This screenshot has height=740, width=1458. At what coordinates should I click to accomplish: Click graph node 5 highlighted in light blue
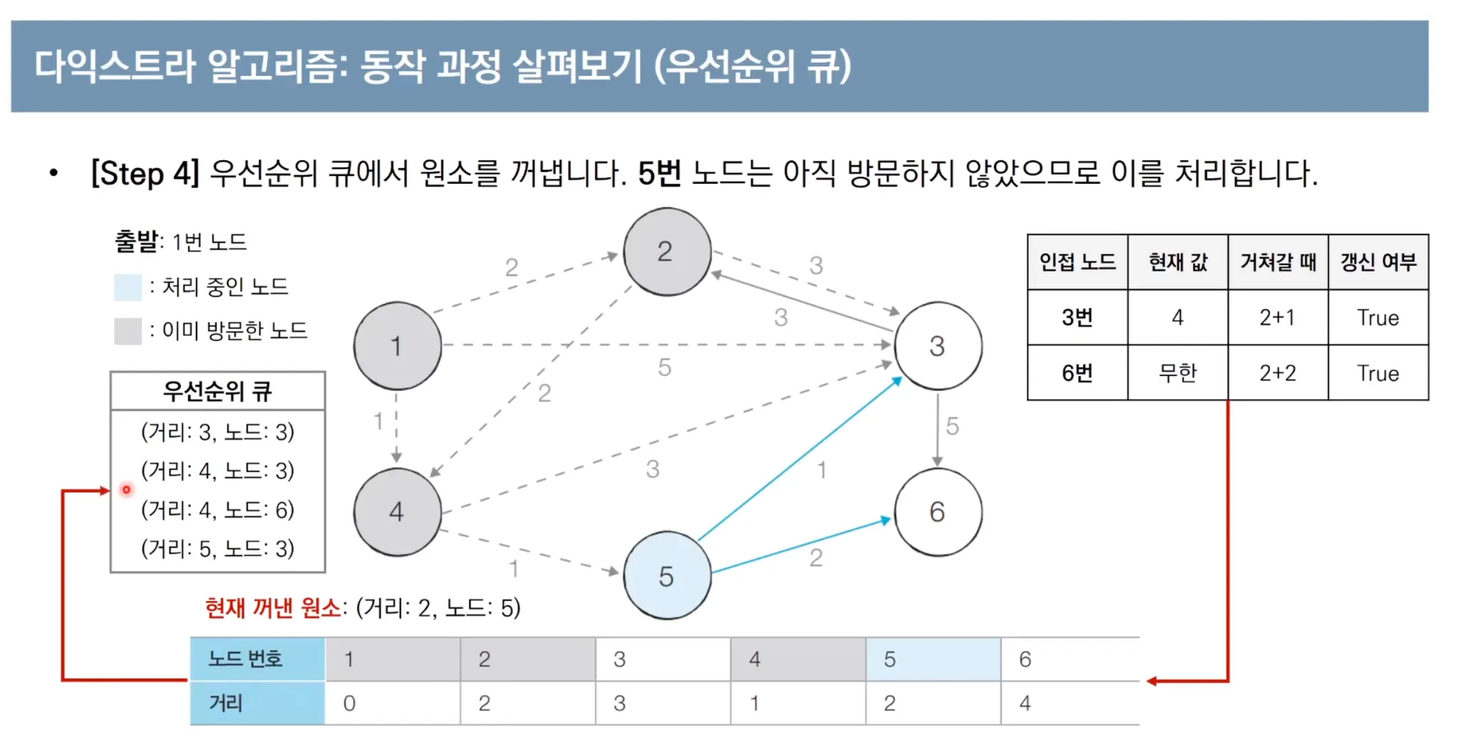point(667,575)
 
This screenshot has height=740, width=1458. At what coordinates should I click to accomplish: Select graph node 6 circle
point(938,511)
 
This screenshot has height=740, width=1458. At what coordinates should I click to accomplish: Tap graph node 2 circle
point(666,251)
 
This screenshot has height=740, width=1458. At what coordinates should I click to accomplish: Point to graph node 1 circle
point(397,346)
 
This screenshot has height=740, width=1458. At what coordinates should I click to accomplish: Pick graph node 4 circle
point(397,511)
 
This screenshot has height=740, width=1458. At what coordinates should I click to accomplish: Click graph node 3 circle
point(938,346)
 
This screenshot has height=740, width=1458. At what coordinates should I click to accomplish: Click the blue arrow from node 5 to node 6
point(801,546)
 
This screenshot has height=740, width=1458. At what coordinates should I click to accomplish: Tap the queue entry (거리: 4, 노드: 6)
point(218,509)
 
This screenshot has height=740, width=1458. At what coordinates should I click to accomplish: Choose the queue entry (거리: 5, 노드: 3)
point(218,548)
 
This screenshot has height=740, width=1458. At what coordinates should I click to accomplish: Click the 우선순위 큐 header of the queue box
point(218,390)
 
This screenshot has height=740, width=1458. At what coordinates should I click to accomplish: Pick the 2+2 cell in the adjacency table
point(1277,372)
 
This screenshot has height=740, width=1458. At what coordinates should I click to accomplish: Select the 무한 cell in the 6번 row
point(1178,372)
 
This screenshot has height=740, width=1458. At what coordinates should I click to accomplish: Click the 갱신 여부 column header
point(1378,262)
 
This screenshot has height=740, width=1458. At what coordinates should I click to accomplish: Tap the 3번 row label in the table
point(1077,317)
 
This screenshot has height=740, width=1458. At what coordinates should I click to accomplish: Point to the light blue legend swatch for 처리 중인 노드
point(127,287)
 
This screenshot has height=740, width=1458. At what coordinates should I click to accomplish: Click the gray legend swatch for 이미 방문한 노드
point(127,330)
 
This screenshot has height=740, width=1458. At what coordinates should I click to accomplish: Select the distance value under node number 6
point(1025,703)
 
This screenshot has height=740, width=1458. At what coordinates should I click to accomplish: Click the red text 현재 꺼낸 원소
point(273,608)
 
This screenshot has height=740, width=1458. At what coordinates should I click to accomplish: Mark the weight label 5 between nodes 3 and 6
point(952,426)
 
